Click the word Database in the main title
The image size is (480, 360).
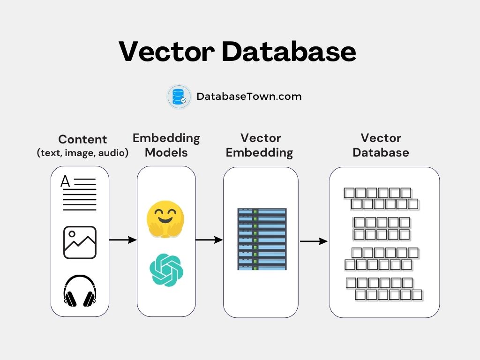[x=289, y=52]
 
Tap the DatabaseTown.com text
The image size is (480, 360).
[x=249, y=97]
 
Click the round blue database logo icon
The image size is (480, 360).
[x=179, y=97]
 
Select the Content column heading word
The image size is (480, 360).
[x=82, y=139]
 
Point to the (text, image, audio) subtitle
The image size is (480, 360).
[x=82, y=152]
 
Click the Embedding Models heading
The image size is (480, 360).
[x=166, y=145]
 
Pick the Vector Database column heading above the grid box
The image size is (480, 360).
[x=381, y=145]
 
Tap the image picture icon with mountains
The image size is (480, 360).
[x=80, y=242]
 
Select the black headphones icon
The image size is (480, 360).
[x=80, y=291]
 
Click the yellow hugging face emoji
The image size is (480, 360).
[x=165, y=218]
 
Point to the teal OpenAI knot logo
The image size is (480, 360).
[x=166, y=270]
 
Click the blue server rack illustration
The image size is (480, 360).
[x=262, y=239]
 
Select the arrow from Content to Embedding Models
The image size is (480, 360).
[x=123, y=240]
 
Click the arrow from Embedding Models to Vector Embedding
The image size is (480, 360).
[x=209, y=240]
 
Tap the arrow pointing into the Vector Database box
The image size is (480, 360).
[x=314, y=241]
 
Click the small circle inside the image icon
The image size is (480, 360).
[x=72, y=234]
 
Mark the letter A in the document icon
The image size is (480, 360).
[x=66, y=181]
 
